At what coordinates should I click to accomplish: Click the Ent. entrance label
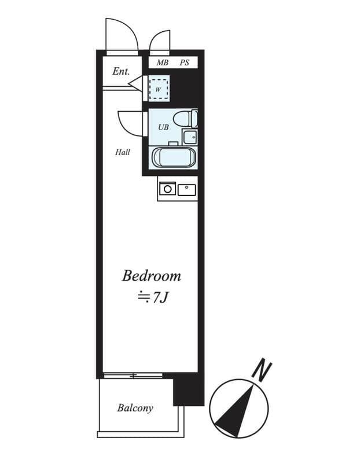click(x=121, y=71)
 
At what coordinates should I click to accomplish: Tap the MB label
click(x=163, y=63)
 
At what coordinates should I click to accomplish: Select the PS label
click(x=185, y=63)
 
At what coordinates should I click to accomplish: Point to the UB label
click(x=163, y=127)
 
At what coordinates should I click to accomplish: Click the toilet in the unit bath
click(x=185, y=119)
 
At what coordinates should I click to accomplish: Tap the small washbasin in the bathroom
click(x=190, y=137)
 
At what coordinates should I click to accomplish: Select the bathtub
click(x=174, y=157)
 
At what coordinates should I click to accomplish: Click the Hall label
click(x=123, y=152)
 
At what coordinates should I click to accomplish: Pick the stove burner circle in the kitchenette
click(x=167, y=189)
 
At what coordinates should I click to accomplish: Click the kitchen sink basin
click(x=186, y=190)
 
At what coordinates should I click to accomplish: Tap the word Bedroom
click(x=151, y=276)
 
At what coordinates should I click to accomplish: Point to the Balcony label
click(x=135, y=408)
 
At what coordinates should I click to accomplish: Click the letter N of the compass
click(x=262, y=370)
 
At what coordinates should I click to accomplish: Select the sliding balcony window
click(x=133, y=376)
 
